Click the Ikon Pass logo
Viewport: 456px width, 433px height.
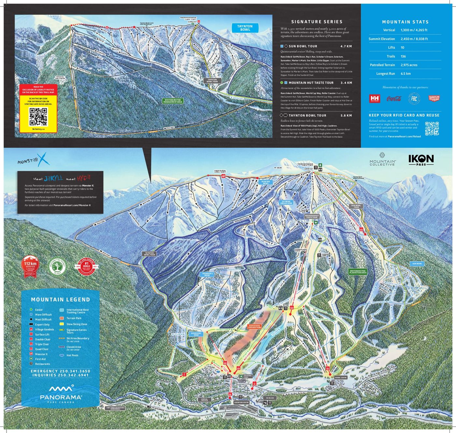coord(421,160)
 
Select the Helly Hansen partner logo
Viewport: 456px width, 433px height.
coord(375,99)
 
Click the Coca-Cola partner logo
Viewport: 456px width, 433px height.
coord(393,99)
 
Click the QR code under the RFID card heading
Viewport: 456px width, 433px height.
coord(432,128)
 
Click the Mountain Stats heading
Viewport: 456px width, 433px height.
coord(405,22)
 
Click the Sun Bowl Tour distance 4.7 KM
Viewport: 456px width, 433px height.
coord(346,46)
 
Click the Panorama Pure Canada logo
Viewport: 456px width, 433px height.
coord(61,393)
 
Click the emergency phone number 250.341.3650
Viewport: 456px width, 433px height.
coord(75,371)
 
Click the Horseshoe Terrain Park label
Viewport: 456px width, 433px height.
coord(255,327)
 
